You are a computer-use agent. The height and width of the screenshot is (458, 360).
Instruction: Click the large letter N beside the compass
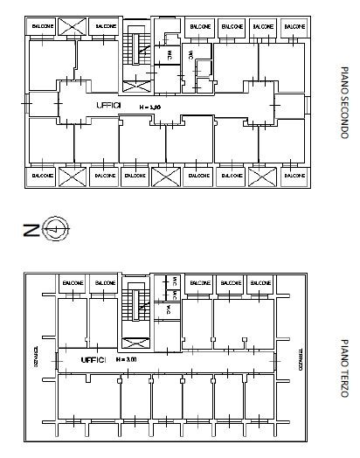tap(31, 231)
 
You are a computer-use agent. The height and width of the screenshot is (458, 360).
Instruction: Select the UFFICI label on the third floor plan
tap(93, 359)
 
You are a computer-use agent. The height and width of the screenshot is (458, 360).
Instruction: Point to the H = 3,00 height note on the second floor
tap(151, 106)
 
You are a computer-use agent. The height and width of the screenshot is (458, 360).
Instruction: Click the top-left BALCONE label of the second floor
tap(42, 27)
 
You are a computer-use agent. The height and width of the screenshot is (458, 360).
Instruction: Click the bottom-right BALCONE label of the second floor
tap(293, 175)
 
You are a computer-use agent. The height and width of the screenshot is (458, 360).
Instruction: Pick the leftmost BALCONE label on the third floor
tap(72, 283)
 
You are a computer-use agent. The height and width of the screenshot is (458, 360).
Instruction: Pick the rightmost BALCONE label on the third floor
tap(260, 283)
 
